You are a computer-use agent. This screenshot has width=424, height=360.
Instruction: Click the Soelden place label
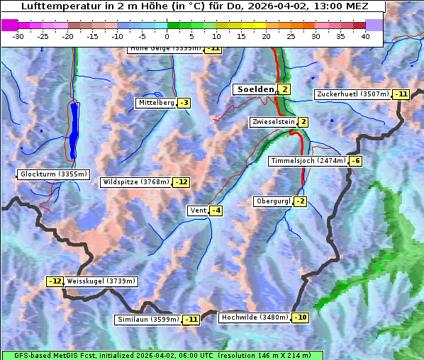(254, 89)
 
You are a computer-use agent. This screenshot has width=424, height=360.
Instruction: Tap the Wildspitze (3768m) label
(136, 182)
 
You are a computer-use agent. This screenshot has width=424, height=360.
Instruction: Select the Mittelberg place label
(156, 103)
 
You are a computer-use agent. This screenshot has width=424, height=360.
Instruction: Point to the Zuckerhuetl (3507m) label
(353, 94)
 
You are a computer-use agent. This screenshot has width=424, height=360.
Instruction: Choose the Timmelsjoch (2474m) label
(308, 161)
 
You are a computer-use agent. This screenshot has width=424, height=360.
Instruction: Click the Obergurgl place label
(273, 201)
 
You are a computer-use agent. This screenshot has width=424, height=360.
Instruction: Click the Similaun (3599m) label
(148, 320)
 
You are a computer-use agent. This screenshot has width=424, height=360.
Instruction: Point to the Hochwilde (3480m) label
(254, 317)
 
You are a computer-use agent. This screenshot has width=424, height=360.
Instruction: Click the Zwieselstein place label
(273, 123)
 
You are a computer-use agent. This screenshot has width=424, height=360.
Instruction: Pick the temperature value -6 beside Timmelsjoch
(356, 161)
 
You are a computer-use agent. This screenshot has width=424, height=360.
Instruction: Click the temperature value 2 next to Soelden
(284, 89)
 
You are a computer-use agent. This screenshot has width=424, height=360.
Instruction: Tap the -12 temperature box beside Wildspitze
(182, 182)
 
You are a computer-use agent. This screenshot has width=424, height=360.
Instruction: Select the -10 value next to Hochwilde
(301, 317)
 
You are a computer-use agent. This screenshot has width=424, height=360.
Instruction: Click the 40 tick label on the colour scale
(365, 36)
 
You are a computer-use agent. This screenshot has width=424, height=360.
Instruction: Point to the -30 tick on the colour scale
(18, 36)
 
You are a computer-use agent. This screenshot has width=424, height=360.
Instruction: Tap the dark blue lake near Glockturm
(73, 128)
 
